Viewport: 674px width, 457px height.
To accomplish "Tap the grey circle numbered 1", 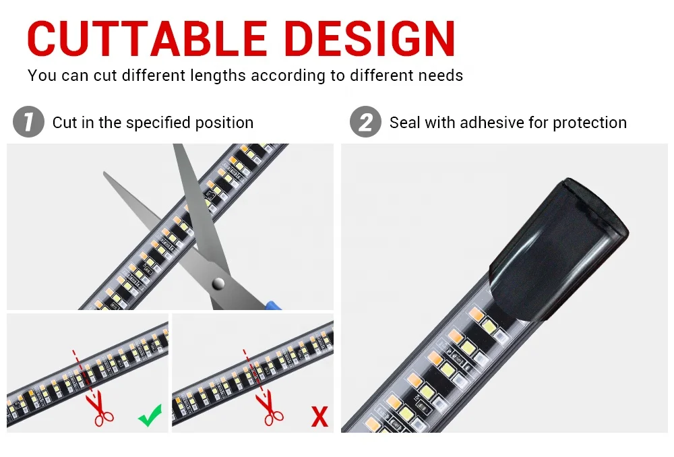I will pos(28,123).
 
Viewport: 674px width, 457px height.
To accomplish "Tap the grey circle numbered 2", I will pos(365,123).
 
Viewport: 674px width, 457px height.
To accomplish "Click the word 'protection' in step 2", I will pos(590,123).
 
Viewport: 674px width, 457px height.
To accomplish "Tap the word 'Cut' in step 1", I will pos(65,123).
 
